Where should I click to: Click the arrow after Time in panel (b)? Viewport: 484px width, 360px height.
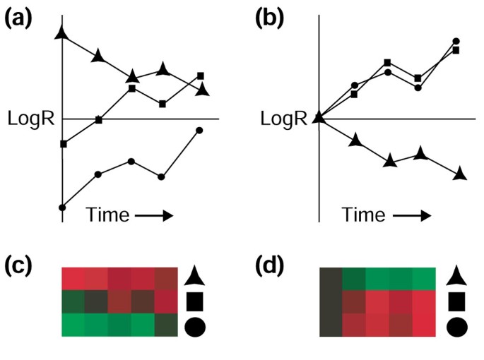(411, 214)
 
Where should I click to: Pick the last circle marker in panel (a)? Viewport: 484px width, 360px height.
(199, 130)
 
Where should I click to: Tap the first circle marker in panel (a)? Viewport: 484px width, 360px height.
(63, 208)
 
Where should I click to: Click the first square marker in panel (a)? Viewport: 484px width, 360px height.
(64, 144)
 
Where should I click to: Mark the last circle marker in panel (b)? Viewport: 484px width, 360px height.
(456, 42)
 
